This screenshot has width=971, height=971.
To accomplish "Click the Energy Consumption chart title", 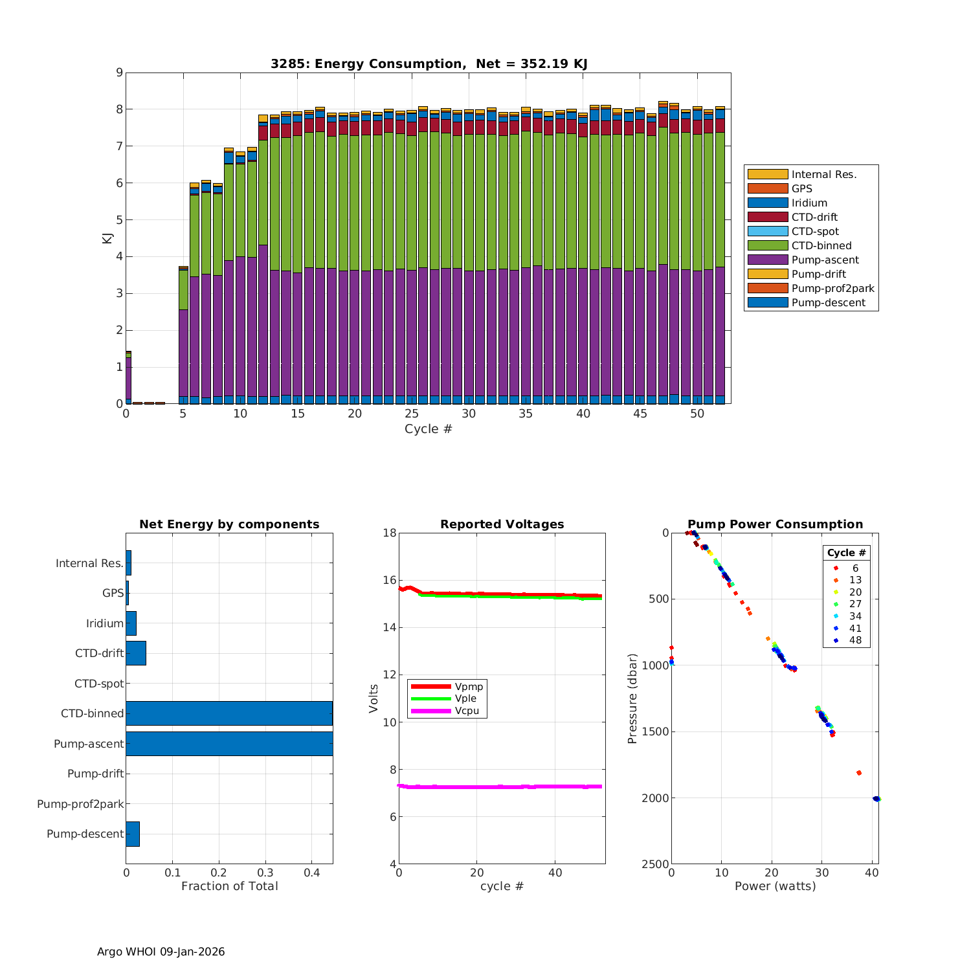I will [x=429, y=63].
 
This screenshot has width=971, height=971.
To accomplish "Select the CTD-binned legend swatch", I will [x=768, y=245].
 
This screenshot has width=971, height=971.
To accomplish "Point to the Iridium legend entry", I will [x=809, y=203].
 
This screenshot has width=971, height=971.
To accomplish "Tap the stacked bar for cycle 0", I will [x=128, y=379].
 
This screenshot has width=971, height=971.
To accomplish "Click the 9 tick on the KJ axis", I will [x=119, y=73].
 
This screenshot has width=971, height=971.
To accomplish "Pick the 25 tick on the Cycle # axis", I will [x=412, y=414].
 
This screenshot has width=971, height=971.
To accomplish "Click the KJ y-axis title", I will [x=107, y=238].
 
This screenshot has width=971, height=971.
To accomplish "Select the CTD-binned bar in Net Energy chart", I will [x=229, y=713].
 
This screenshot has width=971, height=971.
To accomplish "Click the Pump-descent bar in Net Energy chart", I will [x=133, y=834].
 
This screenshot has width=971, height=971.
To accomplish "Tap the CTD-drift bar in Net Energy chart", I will [x=136, y=653].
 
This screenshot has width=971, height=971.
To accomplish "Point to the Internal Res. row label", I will [x=89, y=563].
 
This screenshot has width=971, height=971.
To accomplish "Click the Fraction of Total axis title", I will [x=229, y=886].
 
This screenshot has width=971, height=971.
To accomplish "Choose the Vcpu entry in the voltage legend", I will [x=469, y=711].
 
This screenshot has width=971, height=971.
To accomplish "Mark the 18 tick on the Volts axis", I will [x=389, y=533].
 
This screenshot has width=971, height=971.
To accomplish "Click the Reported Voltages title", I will [x=502, y=524].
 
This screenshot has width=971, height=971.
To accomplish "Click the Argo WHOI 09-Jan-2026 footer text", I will [x=161, y=952].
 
